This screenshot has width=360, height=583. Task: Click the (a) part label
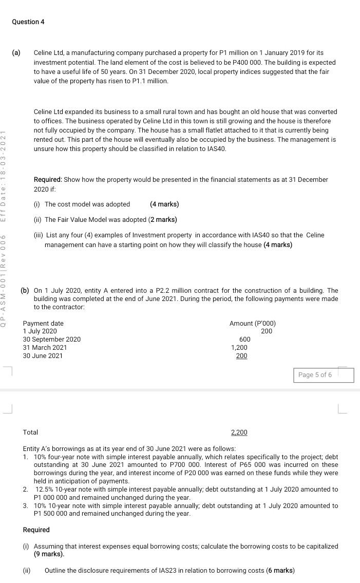tap(16, 53)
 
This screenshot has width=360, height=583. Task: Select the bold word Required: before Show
tap(48, 180)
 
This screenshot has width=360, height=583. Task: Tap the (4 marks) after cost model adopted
tap(164, 204)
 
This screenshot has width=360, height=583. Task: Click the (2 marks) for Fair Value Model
tap(163, 220)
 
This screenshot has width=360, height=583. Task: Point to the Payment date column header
tap(43, 324)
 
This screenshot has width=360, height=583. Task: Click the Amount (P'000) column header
tap(252, 324)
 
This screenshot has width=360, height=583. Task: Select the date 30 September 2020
tap(51, 340)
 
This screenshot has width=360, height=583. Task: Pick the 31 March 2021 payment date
tap(45, 348)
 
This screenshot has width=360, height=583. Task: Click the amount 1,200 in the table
tap(239, 348)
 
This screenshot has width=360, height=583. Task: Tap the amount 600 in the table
tap(245, 340)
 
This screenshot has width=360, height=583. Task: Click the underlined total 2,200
tap(239, 432)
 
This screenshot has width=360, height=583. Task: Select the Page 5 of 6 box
tap(315, 375)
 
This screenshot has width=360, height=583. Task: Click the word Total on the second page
tap(30, 432)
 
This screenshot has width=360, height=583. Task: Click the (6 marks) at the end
tap(280, 571)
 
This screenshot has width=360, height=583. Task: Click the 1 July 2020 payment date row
tap(40, 331)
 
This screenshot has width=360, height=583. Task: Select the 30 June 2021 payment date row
tap(43, 356)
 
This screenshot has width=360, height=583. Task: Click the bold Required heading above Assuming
tap(36, 530)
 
